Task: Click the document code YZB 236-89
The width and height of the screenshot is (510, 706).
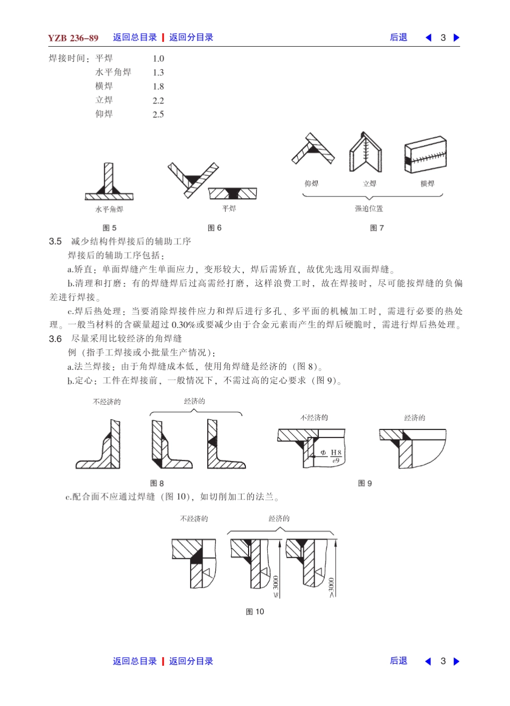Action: pyautogui.click(x=73, y=38)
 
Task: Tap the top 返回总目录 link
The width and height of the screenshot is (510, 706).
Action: pyautogui.click(x=135, y=38)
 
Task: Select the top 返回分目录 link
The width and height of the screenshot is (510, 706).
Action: pyautogui.click(x=191, y=38)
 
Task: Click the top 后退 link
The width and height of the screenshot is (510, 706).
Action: pyautogui.click(x=398, y=38)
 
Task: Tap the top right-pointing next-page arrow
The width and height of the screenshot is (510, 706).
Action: pyautogui.click(x=456, y=38)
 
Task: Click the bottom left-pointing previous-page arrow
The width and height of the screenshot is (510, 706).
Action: pyautogui.click(x=428, y=661)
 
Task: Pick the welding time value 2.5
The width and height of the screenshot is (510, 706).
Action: pyautogui.click(x=158, y=114)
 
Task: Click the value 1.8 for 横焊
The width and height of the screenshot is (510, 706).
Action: pyautogui.click(x=158, y=86)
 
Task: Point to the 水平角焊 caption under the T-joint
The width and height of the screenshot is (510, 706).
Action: pyautogui.click(x=109, y=209)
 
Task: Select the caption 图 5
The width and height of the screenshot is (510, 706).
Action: pyautogui.click(x=110, y=228)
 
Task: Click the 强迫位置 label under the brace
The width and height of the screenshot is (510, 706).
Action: pyautogui.click(x=369, y=208)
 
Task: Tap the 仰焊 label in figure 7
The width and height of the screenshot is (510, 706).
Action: pyautogui.click(x=311, y=184)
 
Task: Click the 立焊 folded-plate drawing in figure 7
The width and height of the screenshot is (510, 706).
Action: pyautogui.click(x=366, y=152)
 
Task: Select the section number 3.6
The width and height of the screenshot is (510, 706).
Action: pyautogui.click(x=55, y=339)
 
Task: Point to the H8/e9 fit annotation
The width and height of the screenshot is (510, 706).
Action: pyautogui.click(x=335, y=456)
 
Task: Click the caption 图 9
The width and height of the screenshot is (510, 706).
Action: pyautogui.click(x=365, y=484)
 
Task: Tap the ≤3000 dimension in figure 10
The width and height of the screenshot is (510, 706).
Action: pyautogui.click(x=276, y=586)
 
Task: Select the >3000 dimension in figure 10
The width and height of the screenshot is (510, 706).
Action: pyautogui.click(x=331, y=586)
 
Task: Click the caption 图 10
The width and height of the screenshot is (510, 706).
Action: pyautogui.click(x=255, y=612)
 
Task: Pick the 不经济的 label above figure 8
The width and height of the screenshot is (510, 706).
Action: pyautogui.click(x=107, y=402)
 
